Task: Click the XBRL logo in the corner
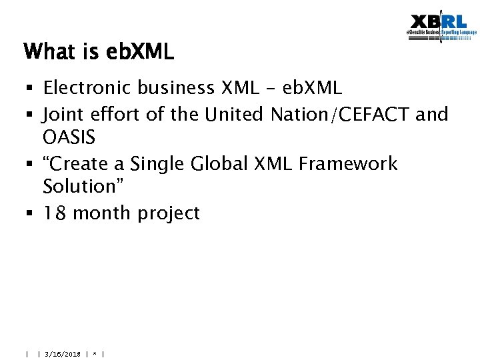[441, 27]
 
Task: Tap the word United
[235, 115]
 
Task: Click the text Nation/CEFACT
[340, 115]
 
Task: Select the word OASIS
[69, 138]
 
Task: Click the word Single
[153, 163]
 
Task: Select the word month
[101, 213]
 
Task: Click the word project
[169, 214]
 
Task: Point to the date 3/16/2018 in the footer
[63, 354]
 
